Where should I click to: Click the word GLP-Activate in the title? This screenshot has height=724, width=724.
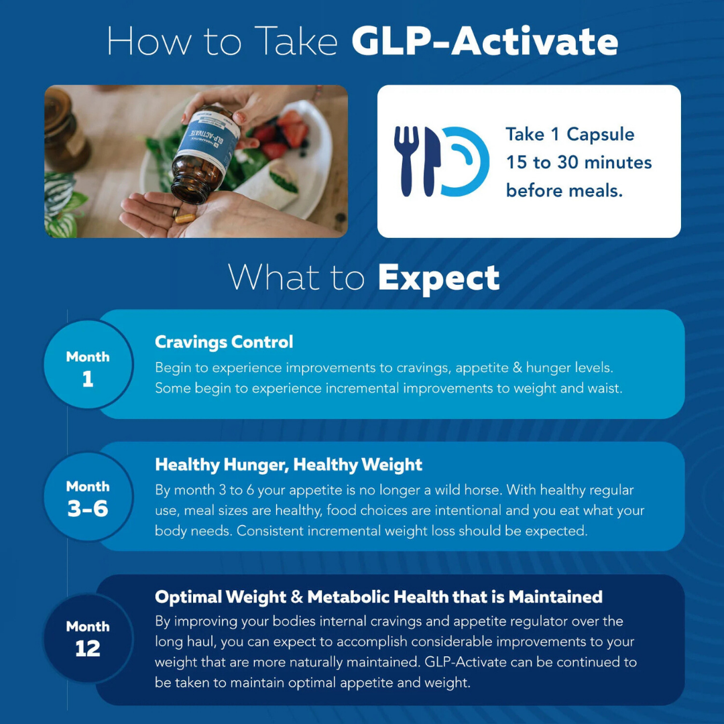484,42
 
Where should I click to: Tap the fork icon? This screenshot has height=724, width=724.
406,161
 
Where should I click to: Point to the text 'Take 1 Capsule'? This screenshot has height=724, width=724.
570,134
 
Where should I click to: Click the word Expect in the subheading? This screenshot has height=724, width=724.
438,278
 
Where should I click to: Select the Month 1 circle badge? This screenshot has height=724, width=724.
88,365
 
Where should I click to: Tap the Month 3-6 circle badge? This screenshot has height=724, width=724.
88,497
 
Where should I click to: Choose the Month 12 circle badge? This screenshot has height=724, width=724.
88,638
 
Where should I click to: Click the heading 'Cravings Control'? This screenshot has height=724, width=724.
224,342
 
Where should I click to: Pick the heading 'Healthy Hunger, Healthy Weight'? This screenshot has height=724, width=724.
288,465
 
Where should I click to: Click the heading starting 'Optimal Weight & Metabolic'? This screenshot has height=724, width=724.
378,597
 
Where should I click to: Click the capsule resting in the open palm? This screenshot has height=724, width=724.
186,218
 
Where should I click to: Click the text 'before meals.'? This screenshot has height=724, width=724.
564,190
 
